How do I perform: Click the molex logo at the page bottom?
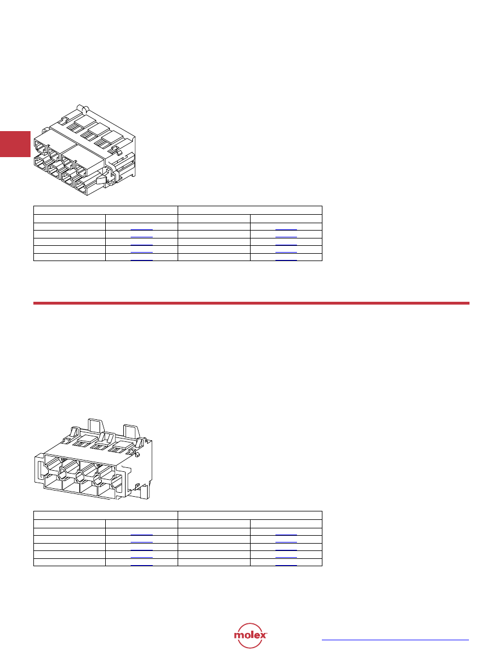(x=250, y=635)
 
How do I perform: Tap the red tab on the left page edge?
(x=15, y=144)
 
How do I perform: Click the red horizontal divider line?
(x=251, y=303)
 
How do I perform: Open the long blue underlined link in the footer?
(x=395, y=640)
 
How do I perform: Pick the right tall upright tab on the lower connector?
(x=131, y=431)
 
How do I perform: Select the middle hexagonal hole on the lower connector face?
(x=80, y=478)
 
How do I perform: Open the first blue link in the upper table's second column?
(x=141, y=229)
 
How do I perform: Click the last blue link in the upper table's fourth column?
(x=286, y=260)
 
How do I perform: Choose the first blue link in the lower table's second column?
(x=141, y=535)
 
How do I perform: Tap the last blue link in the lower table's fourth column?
(x=286, y=565)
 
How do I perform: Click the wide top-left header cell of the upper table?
(x=106, y=210)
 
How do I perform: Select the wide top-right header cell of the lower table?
(x=250, y=515)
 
